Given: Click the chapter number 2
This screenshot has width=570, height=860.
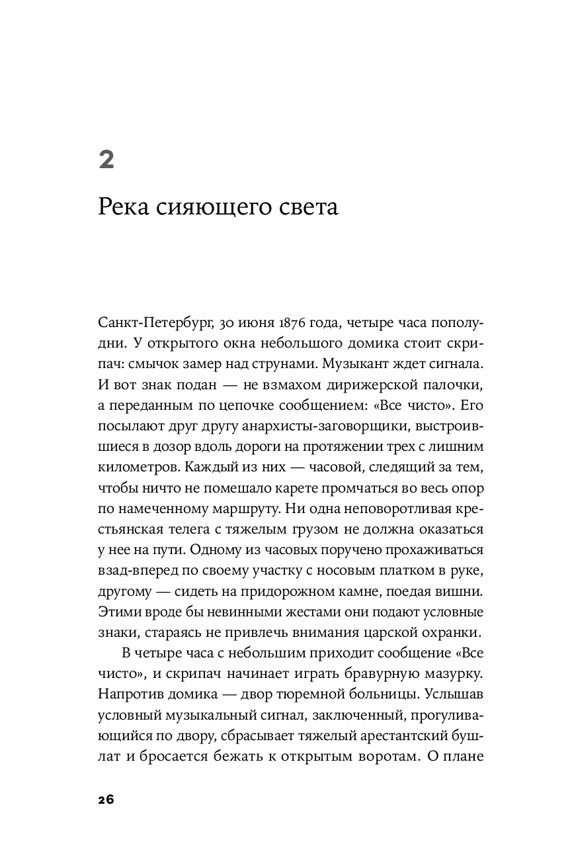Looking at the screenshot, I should (x=106, y=160).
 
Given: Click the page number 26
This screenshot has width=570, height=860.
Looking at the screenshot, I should (x=106, y=800).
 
